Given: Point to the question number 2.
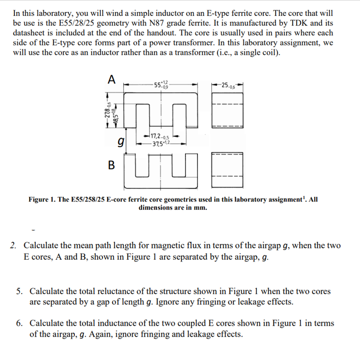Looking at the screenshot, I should click(x=14, y=246).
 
